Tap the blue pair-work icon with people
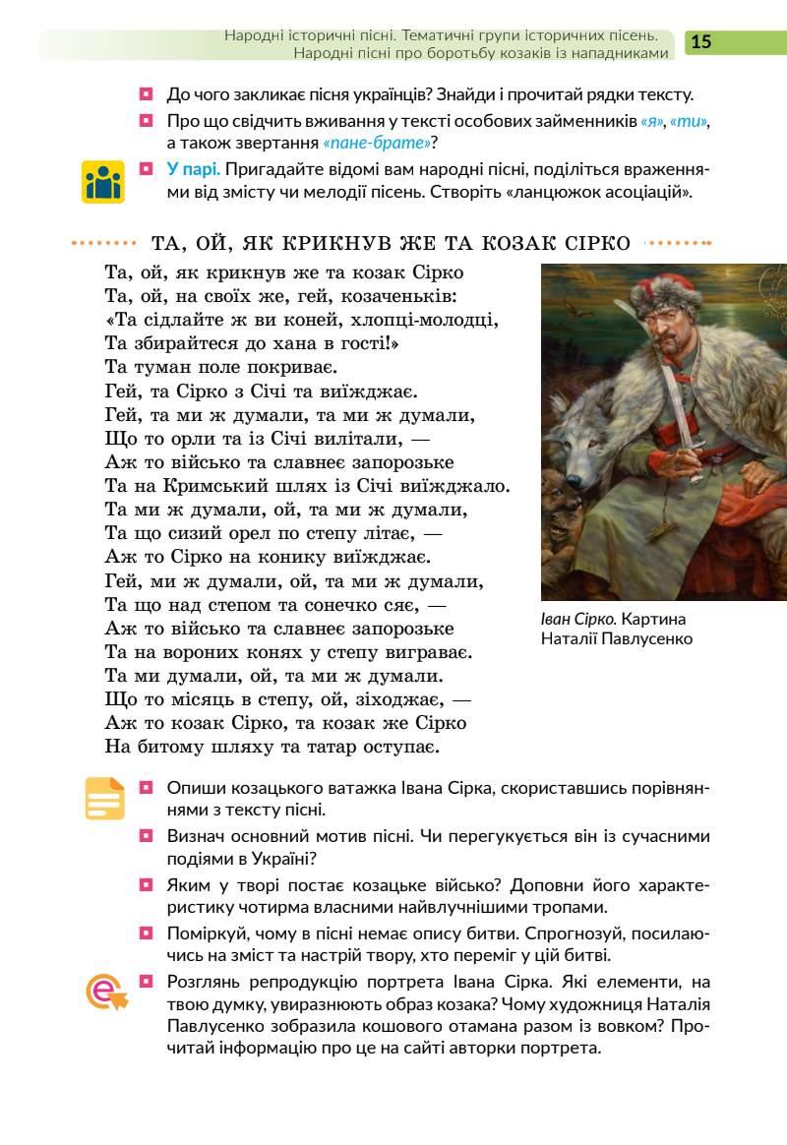[103, 181]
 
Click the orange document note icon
[104, 798]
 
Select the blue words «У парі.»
[193, 168]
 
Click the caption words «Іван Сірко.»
[578, 619]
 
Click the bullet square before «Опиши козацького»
[147, 787]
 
